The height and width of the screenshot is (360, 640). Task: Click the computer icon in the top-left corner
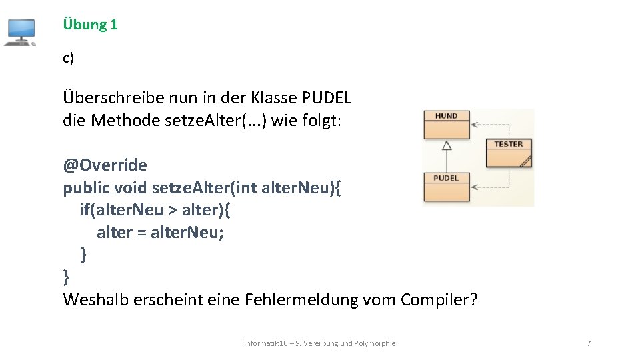[x=20, y=32]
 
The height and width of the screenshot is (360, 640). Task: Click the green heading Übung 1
[x=90, y=25]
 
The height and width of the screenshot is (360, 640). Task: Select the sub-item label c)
[x=68, y=59]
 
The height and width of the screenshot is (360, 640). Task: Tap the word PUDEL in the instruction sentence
[x=326, y=97]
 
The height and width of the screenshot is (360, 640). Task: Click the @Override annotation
[x=105, y=165]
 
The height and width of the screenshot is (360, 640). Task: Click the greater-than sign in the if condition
[x=172, y=210]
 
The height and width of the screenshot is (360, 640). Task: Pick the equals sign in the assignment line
[x=141, y=233]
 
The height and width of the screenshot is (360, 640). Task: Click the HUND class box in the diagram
[x=446, y=124]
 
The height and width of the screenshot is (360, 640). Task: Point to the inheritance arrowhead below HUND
[x=447, y=145]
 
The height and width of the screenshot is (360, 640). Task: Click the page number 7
[x=588, y=343]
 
